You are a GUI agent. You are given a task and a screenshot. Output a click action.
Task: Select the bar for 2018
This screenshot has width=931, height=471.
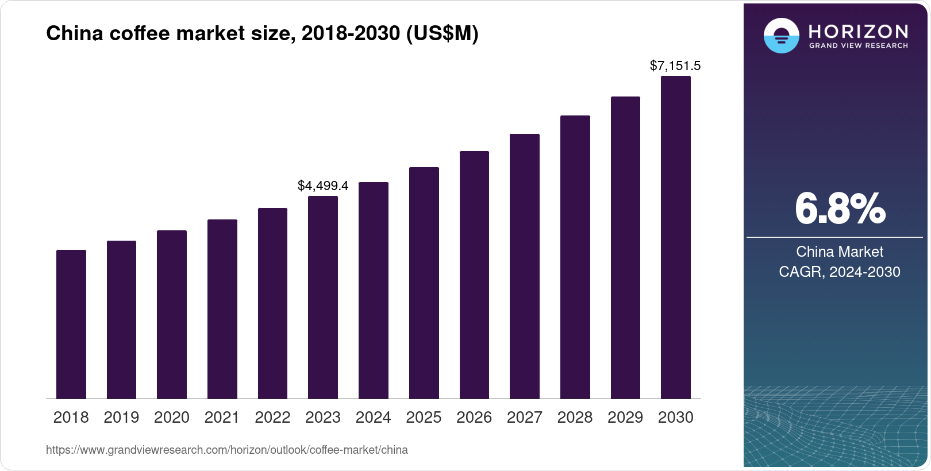(71, 325)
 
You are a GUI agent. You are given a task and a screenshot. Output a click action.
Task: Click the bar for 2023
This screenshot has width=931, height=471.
(323, 298)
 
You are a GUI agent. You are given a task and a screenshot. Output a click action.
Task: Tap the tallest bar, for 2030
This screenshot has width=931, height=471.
(676, 237)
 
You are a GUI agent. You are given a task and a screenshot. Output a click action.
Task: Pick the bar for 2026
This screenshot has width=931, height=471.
(474, 275)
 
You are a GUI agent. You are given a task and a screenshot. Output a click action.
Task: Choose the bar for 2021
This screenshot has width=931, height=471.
(222, 309)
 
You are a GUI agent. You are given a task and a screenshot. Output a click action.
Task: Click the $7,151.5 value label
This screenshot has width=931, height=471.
(675, 65)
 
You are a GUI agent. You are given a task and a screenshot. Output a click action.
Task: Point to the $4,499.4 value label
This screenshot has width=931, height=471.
(323, 186)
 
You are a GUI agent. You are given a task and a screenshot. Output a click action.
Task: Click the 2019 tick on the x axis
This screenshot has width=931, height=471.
(121, 418)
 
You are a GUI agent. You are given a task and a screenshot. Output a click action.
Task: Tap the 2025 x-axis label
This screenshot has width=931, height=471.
(424, 418)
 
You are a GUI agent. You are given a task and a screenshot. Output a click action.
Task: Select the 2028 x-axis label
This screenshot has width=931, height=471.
(575, 418)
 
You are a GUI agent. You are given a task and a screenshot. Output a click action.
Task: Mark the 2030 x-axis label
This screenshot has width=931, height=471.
(676, 418)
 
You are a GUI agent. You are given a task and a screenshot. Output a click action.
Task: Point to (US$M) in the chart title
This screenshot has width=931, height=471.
(442, 33)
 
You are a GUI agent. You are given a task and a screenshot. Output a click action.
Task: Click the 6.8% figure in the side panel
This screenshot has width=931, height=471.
(840, 209)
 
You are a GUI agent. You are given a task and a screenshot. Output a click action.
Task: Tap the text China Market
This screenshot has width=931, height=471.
(840, 252)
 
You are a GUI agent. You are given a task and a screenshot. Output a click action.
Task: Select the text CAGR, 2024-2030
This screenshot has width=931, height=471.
(840, 272)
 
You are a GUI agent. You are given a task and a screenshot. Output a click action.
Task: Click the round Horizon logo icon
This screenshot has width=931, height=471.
(781, 36)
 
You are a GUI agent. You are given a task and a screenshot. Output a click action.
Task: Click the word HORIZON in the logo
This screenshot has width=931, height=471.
(858, 31)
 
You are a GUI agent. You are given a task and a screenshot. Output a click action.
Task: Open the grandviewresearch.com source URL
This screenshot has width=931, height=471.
(227, 450)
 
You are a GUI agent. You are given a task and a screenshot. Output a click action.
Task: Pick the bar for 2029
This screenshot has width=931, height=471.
(625, 248)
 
